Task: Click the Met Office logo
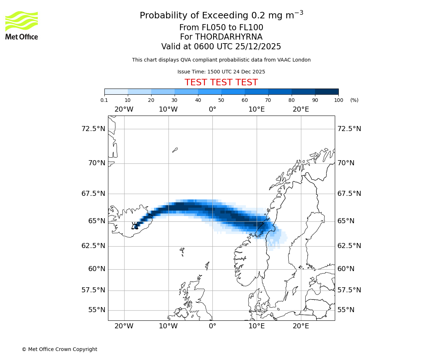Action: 22,25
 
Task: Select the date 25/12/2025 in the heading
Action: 258,47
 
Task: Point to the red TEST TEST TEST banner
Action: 221,82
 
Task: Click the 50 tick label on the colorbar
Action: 221,100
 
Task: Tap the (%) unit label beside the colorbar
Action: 354,100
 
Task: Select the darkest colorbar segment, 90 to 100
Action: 327,91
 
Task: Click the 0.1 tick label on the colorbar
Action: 104,100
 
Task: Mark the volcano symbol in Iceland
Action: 135,226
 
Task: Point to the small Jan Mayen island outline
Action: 175,150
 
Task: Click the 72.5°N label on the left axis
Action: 93,129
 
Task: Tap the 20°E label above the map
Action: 301,109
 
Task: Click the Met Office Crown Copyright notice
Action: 59,349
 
